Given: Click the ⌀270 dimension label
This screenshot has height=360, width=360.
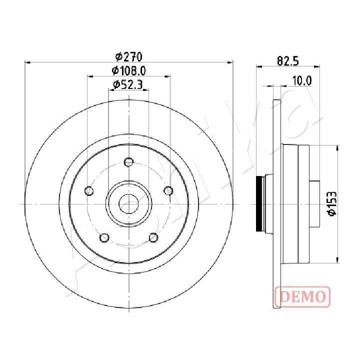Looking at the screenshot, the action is click(x=129, y=56).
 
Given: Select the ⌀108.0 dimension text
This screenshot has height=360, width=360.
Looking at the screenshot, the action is click(x=129, y=71).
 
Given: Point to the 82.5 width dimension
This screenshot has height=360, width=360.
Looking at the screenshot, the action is click(x=288, y=61).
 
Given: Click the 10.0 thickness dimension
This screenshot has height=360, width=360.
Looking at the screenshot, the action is click(x=302, y=81).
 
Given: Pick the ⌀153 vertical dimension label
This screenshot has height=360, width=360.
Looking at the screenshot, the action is click(x=332, y=203).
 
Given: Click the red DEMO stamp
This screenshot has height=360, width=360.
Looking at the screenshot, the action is click(x=302, y=296).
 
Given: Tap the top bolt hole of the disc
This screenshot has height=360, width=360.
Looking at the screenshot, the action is click(x=128, y=162).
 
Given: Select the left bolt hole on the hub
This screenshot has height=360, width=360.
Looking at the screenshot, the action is click(x=89, y=191).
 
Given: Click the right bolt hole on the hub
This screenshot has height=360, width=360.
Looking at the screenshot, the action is click(x=168, y=190).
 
